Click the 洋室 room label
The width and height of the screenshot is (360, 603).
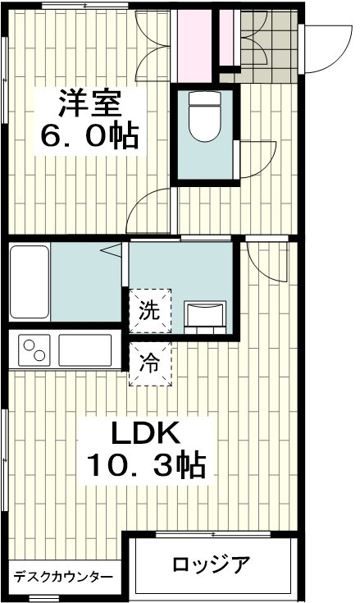(x=90, y=103)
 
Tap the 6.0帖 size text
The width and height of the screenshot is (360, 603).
(x=89, y=136)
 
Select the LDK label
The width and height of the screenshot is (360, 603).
(x=146, y=433)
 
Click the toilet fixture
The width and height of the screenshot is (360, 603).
(x=205, y=116)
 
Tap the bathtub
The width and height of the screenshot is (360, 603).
(x=30, y=282)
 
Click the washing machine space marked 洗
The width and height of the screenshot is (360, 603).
(x=150, y=310)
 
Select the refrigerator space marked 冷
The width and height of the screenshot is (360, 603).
(x=150, y=363)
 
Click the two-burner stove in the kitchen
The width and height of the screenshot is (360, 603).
(x=34, y=351)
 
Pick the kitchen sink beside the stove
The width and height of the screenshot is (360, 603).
(x=85, y=350)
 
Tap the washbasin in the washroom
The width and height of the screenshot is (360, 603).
(x=205, y=317)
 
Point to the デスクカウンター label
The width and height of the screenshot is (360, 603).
(x=64, y=577)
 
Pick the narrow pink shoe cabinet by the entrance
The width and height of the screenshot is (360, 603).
(x=226, y=37)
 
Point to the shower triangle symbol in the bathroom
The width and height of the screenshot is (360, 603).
(x=111, y=251)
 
